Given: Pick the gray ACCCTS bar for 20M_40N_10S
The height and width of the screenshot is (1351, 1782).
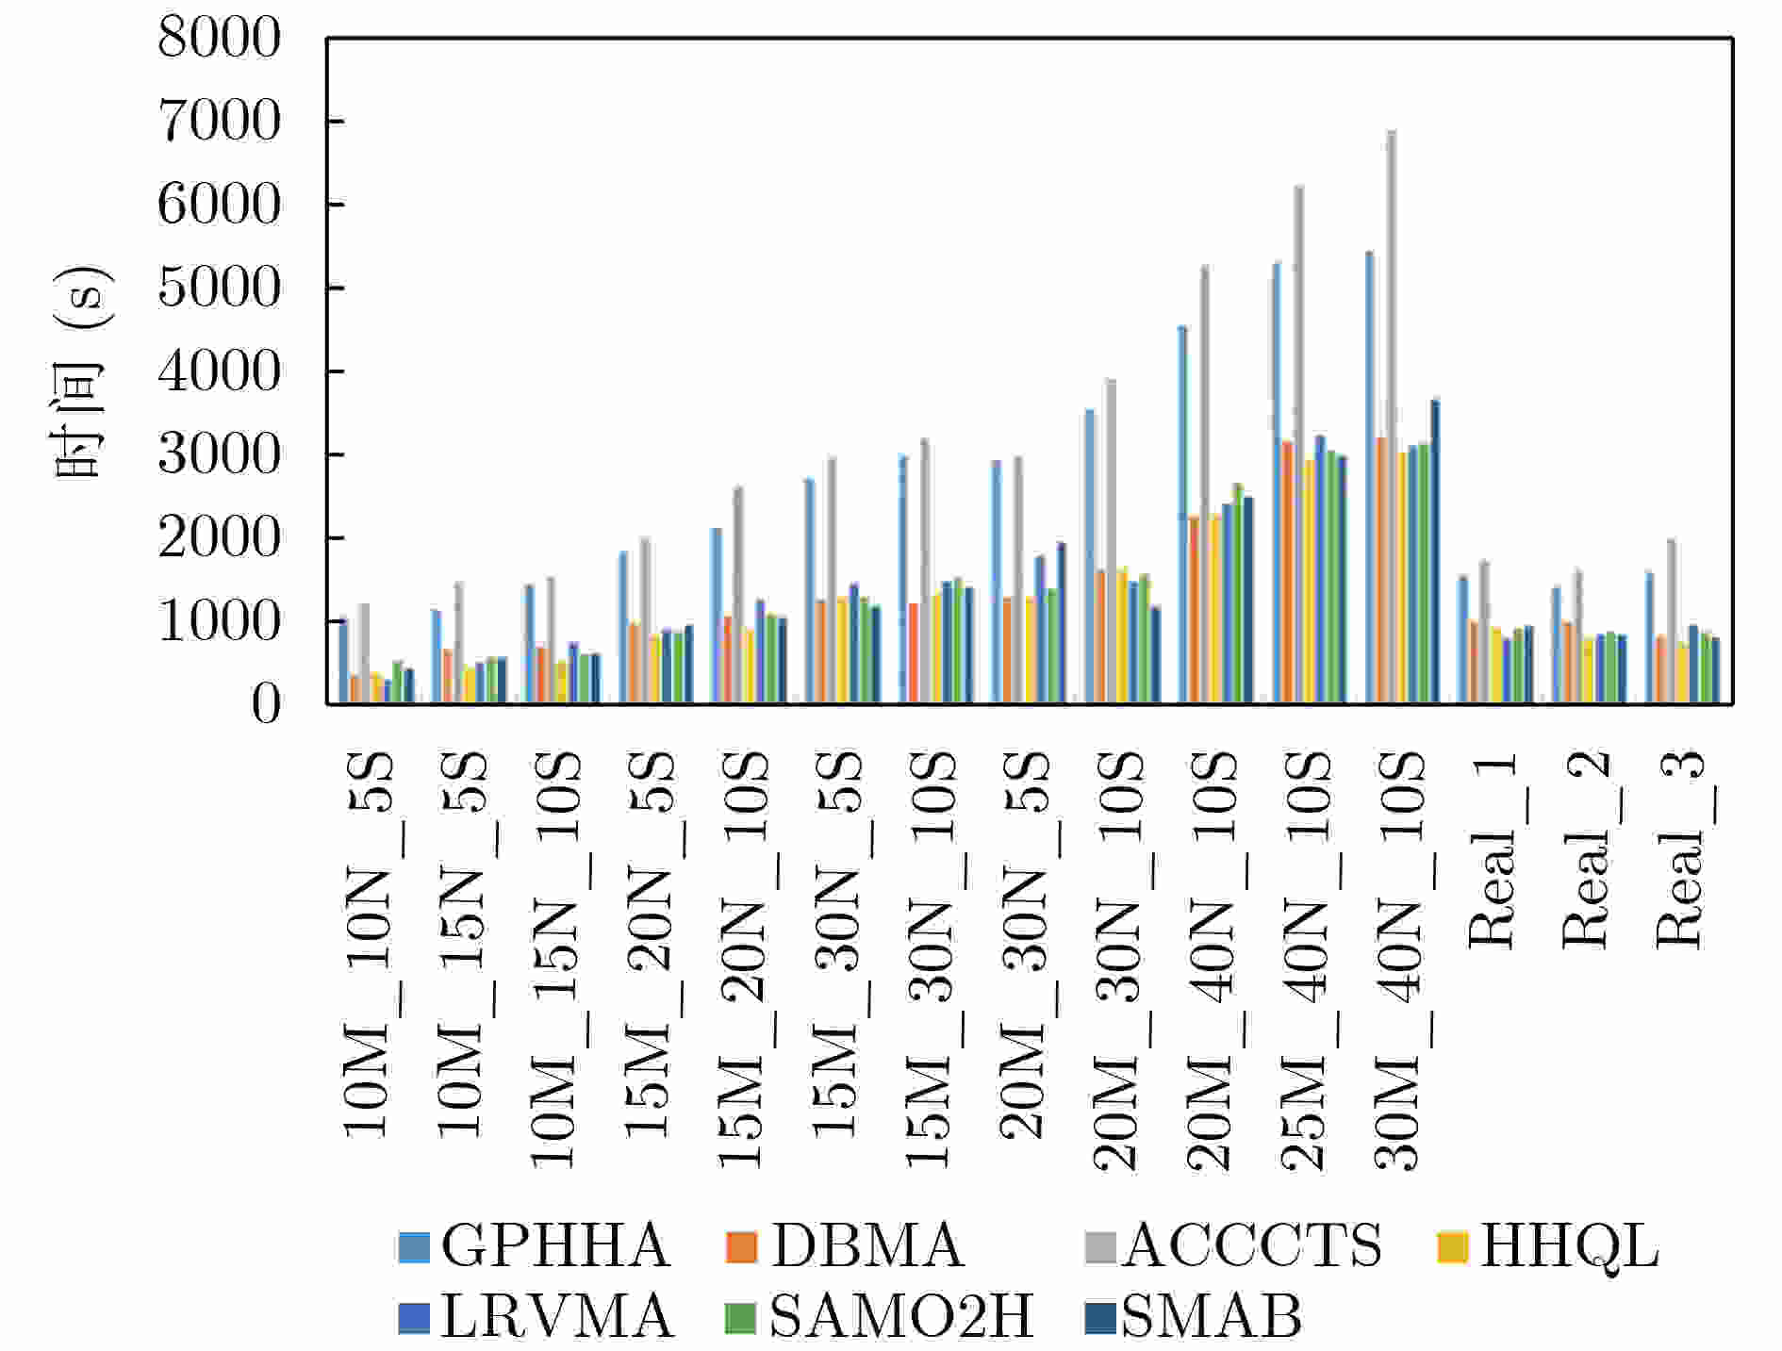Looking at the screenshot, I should click(1204, 485).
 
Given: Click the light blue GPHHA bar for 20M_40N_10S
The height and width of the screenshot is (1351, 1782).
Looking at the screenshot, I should click(1182, 515).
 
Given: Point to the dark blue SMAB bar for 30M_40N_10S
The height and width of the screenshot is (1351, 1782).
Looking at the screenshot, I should click(1435, 552).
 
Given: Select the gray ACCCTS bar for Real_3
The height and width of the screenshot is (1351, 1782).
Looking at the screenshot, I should click(1672, 621).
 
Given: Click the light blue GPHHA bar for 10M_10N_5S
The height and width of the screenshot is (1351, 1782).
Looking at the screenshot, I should click(343, 661).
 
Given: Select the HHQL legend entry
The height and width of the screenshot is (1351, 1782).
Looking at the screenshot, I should click(1547, 1246).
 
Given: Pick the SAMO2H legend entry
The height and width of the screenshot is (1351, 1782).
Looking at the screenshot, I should click(881, 1317).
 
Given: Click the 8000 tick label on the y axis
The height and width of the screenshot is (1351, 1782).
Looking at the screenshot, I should click(220, 39).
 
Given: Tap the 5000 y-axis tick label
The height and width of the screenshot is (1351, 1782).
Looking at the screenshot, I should click(220, 288).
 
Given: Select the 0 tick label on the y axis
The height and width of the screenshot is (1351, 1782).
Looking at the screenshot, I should click(265, 704).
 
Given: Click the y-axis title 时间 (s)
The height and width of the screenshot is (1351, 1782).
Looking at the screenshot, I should click(83, 371).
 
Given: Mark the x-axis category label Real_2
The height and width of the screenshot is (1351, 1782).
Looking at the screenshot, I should click(1586, 848).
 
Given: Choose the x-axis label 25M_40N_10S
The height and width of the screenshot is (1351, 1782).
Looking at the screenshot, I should click(1305, 962).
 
